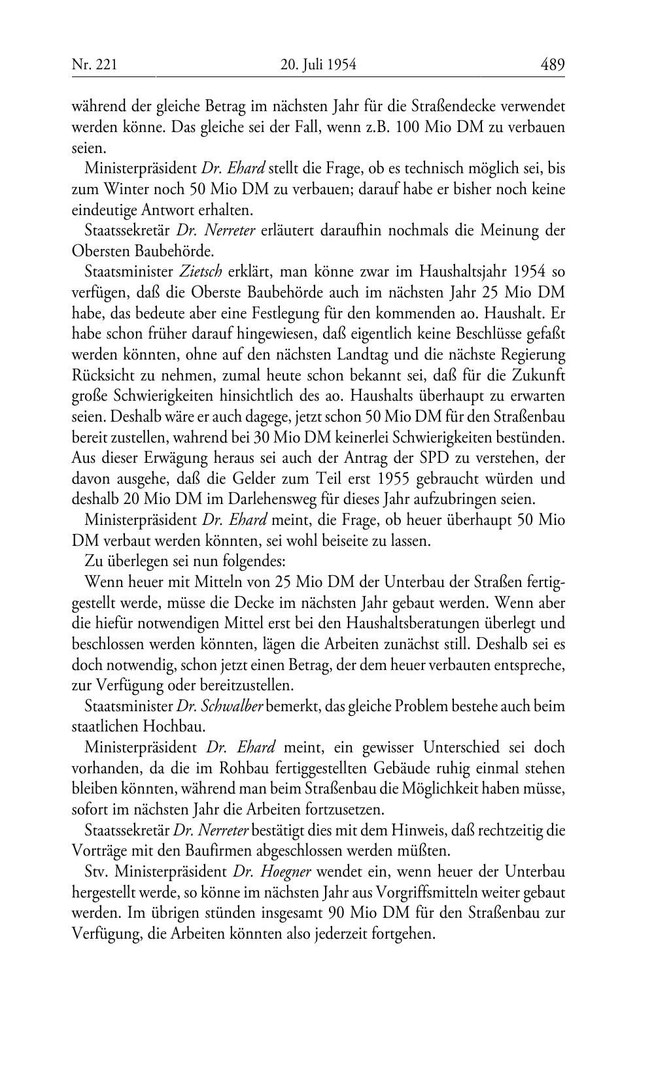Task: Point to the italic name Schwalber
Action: point(234,706)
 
